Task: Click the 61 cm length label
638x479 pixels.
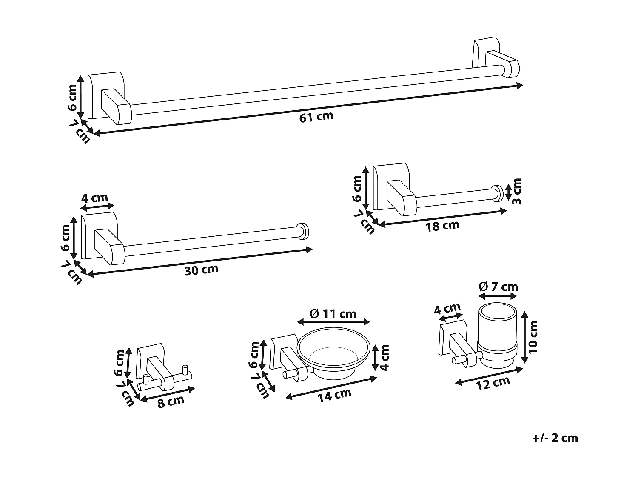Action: coord(316,116)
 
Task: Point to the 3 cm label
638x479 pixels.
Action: coord(516,191)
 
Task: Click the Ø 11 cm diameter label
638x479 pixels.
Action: coord(333,314)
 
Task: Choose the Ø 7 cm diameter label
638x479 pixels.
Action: coord(498,287)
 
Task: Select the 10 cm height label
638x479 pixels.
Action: coord(534,336)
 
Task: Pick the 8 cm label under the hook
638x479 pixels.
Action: coord(171,402)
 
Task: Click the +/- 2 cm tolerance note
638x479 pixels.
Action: coord(555,438)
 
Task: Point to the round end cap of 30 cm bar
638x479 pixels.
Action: coord(303,232)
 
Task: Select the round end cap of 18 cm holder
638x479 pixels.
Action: coord(497,193)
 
